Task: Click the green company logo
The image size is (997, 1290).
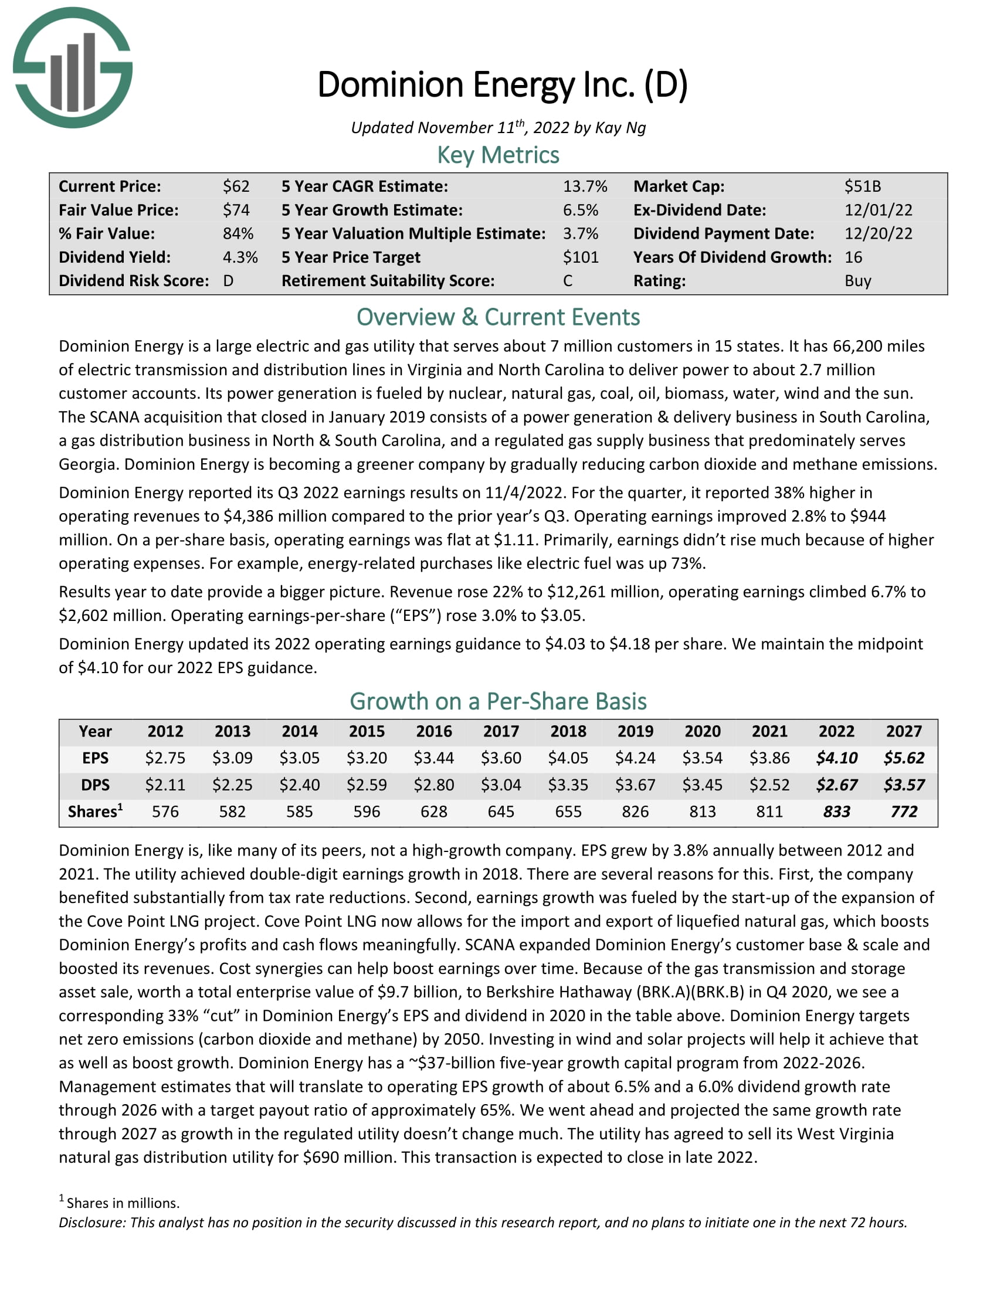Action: click(x=73, y=68)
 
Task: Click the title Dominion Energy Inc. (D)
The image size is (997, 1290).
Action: click(x=503, y=84)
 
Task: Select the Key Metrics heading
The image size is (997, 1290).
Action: click(x=498, y=155)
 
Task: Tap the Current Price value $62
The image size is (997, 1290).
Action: click(x=236, y=186)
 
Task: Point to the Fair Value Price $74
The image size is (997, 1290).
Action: click(x=236, y=211)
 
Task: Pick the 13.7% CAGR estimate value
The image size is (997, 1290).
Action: click(x=585, y=186)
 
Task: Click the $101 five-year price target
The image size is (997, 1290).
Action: click(x=581, y=257)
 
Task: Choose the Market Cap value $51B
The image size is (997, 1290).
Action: click(x=862, y=186)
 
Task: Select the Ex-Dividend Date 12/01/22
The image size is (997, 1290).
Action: click(x=878, y=211)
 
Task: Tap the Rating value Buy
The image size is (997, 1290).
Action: click(x=857, y=281)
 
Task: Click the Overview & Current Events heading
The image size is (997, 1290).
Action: click(x=498, y=317)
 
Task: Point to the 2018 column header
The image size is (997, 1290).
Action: click(x=568, y=731)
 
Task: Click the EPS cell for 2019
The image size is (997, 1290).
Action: click(x=635, y=758)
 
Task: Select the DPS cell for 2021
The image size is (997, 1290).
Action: click(x=769, y=785)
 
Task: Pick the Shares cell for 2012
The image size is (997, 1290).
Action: click(x=165, y=812)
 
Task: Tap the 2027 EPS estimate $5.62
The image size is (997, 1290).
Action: click(x=904, y=758)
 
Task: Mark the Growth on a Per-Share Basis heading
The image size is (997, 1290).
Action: click(x=498, y=701)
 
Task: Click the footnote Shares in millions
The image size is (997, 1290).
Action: click(x=122, y=1203)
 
